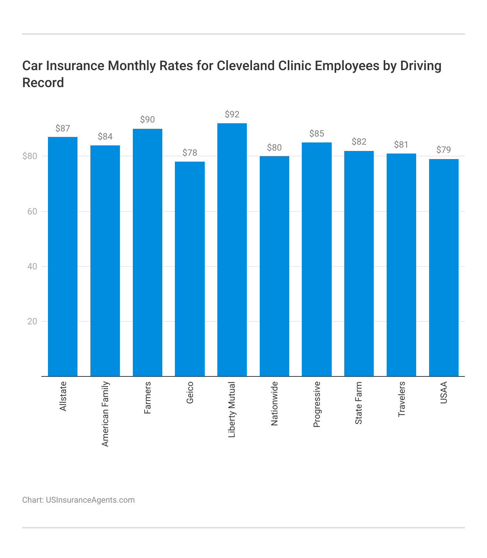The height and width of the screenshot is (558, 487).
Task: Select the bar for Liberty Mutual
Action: click(232, 249)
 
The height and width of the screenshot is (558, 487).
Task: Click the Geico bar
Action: click(190, 269)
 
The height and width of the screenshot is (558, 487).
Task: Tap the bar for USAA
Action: click(443, 268)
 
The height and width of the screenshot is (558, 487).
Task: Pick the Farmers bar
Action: click(148, 252)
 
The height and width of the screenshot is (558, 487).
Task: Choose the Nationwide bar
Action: click(274, 266)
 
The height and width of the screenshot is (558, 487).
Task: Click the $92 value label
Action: click(232, 114)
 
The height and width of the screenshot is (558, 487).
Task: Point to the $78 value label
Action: click(190, 153)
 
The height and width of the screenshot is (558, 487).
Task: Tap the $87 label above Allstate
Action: click(63, 128)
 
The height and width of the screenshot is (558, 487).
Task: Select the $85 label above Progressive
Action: click(317, 134)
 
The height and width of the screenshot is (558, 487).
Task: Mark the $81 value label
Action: click(401, 145)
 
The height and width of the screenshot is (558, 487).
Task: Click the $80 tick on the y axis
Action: click(30, 156)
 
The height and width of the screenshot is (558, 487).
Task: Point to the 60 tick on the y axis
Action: click(32, 211)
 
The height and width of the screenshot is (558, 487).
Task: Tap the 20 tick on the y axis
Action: click(32, 321)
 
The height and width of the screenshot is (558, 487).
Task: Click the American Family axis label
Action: click(105, 414)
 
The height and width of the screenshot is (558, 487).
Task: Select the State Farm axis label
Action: click(359, 403)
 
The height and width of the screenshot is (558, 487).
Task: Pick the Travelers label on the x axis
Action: click(401, 399)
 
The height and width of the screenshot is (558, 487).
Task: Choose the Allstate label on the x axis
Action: click(63, 396)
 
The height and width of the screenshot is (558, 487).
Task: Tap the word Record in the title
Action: click(43, 83)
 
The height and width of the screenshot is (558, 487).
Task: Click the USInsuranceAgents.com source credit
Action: click(90, 500)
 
